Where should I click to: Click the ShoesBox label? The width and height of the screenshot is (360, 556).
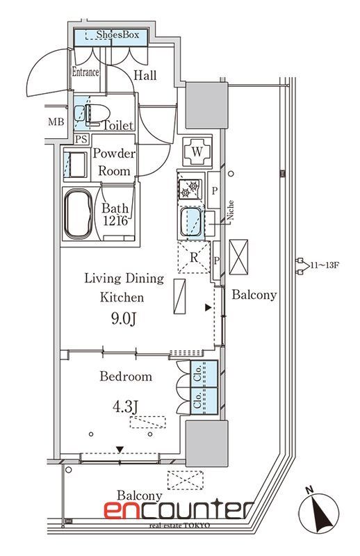[x=117, y=35]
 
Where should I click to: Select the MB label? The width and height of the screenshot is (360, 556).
[x=56, y=122]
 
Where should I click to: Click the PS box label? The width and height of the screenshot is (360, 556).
[x=81, y=139]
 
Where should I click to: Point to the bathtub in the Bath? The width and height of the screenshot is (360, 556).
[x=79, y=213]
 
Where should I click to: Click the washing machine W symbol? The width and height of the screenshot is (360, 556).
[x=197, y=152]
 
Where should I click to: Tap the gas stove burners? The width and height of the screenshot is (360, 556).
[x=190, y=188]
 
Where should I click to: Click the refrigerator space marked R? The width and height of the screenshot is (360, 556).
[x=194, y=257]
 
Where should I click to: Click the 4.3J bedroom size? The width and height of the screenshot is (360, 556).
[x=125, y=407]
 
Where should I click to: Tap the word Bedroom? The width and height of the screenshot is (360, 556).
[x=126, y=376]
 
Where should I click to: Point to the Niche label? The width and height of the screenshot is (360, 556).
[x=231, y=210]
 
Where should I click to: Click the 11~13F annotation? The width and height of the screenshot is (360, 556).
[x=325, y=265]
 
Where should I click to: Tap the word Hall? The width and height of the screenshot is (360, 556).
[x=145, y=75]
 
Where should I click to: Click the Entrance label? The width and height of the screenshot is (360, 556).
[x=85, y=72]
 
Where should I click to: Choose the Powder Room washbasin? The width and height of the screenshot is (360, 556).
[x=76, y=165]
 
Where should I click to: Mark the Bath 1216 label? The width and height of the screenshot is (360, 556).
[x=115, y=214]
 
